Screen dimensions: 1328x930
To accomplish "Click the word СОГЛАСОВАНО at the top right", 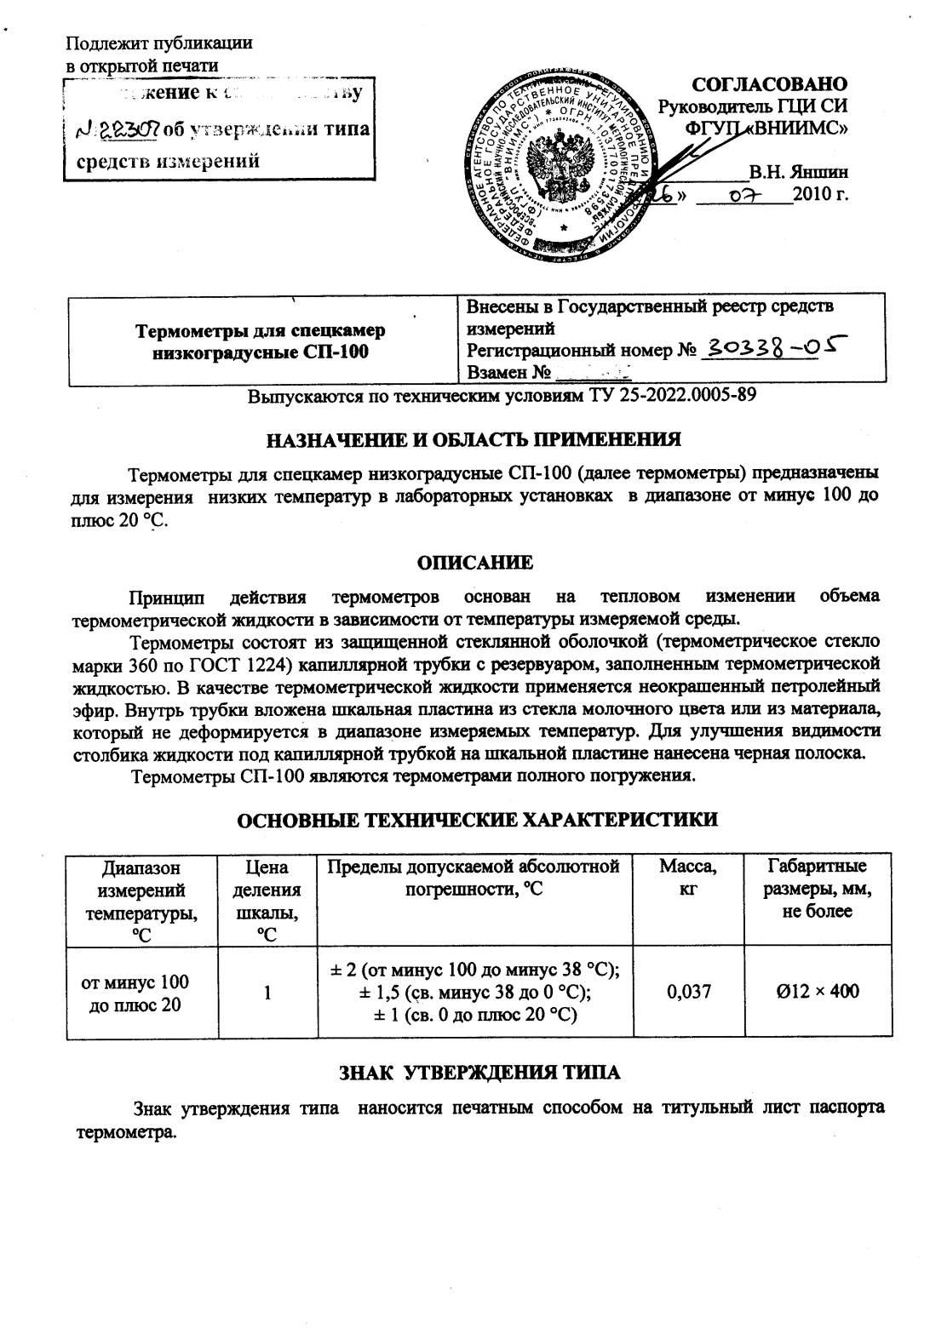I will click(770, 84).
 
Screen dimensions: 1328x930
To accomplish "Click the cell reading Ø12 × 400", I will click(818, 991).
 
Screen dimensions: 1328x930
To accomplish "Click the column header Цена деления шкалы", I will click(267, 899).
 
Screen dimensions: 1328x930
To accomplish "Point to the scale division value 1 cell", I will click(267, 992).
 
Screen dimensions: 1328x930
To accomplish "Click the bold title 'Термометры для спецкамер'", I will click(260, 330).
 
